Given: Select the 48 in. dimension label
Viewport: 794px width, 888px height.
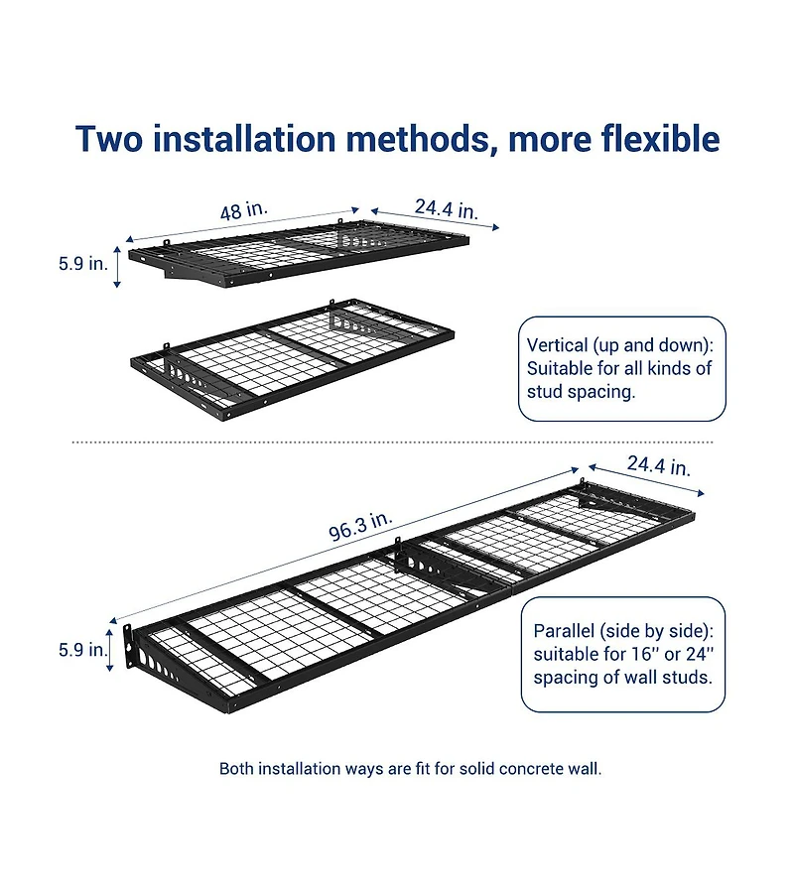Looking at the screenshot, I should tap(243, 211).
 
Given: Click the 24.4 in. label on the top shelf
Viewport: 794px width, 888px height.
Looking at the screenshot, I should tap(446, 209).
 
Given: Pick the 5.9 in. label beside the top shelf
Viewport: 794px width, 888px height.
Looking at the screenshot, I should tap(82, 264).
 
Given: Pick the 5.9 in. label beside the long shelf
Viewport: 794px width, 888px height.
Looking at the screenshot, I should tap(82, 650).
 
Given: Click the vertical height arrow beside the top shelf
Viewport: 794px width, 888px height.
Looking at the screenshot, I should tap(118, 266).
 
